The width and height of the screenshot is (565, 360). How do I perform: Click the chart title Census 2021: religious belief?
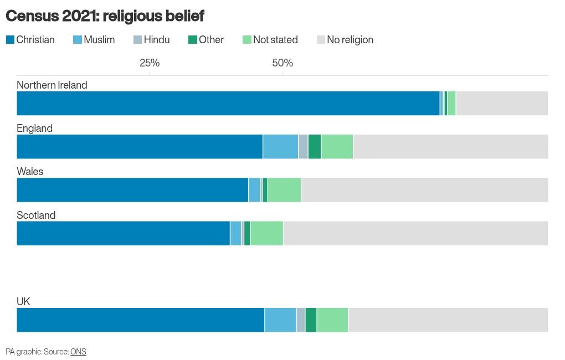105,16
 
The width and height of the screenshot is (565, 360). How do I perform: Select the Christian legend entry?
30,40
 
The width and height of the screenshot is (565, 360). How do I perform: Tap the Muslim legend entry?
94,40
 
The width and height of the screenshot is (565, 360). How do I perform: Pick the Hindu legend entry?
152,40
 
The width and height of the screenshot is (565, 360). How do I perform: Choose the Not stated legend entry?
270,40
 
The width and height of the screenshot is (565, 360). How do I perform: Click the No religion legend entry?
345,40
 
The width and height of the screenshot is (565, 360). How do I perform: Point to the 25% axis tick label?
150,63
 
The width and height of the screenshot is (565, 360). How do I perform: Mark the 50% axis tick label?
282,63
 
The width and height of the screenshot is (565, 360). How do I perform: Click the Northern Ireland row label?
52,85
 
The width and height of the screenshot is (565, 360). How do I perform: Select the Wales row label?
30,172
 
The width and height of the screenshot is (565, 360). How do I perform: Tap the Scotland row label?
36,215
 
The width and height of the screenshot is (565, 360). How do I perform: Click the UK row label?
23,301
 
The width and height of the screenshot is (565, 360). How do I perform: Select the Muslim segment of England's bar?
280,147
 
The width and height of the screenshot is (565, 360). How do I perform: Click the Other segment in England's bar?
315,147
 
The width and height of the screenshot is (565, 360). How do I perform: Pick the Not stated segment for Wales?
284,190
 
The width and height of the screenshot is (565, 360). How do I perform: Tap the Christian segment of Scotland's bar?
123,233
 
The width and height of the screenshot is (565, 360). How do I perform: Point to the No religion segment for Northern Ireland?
502,104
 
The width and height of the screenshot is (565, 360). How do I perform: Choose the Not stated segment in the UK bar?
332,320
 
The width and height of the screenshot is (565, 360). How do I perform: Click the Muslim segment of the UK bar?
280,320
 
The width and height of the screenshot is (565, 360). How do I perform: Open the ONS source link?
78,352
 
